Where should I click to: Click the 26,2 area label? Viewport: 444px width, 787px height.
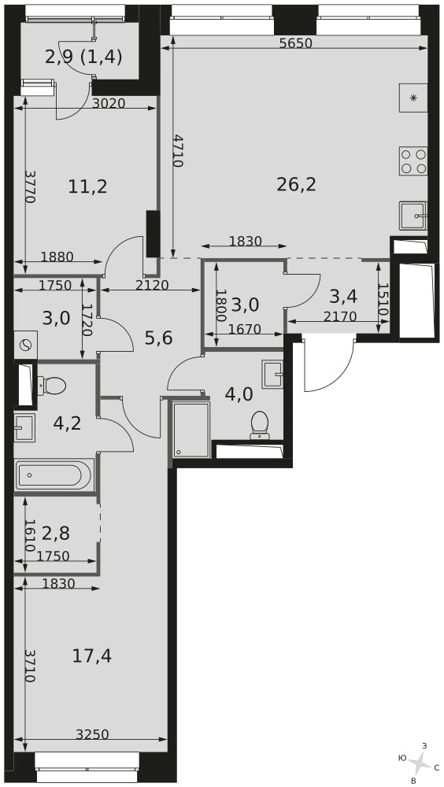[296, 185]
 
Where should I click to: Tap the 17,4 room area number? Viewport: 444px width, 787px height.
[92, 656]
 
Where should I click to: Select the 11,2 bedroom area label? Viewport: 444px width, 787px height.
[88, 187]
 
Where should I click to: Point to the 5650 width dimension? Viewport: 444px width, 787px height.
[296, 43]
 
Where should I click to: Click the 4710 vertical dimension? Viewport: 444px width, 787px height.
[177, 150]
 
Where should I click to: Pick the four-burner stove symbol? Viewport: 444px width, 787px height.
[413, 161]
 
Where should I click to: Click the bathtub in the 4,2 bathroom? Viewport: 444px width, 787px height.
[54, 475]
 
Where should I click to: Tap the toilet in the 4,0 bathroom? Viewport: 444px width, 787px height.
[260, 425]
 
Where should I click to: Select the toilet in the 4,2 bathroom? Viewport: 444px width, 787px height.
[52, 386]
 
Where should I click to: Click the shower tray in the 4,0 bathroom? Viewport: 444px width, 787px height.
[191, 429]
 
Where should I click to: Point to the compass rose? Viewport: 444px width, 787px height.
[418, 763]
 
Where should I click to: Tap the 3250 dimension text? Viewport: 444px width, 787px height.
[92, 734]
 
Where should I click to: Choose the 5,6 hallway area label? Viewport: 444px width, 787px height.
[159, 338]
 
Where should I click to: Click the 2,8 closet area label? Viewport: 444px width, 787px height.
[56, 533]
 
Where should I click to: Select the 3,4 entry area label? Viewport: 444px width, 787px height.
[343, 297]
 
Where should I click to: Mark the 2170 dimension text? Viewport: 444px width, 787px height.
[339, 316]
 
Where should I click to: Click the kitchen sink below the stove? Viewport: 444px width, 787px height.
[413, 216]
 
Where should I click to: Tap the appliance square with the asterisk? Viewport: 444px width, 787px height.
[413, 98]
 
